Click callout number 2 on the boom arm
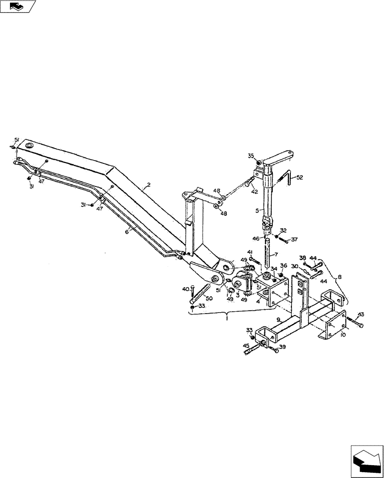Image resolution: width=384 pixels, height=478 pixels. click(149, 184)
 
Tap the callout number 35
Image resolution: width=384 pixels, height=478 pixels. click(251, 155)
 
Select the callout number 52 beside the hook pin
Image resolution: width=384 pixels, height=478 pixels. click(299, 177)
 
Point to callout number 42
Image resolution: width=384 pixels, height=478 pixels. click(255, 191)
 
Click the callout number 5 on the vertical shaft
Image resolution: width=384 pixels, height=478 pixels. click(256, 210)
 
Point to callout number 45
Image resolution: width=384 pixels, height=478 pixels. click(246, 346)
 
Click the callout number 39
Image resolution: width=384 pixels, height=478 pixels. click(283, 348)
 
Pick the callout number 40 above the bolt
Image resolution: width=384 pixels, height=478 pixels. click(185, 288)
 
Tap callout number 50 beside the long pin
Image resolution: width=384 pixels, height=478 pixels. click(210, 299)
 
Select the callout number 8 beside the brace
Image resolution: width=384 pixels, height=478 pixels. click(340, 276)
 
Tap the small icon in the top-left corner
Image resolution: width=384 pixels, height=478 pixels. click(18, 7)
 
